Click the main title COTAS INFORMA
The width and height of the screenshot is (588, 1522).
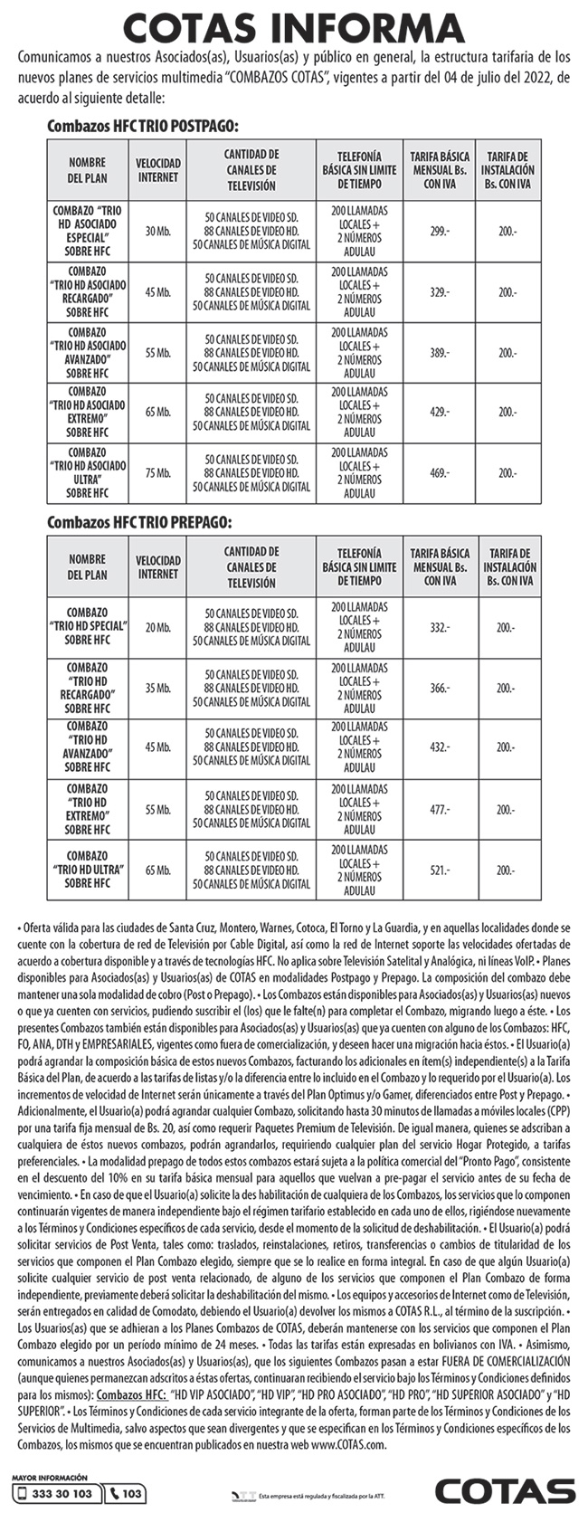(x=294, y=27)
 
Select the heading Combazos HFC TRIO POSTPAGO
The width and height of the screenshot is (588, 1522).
(x=142, y=127)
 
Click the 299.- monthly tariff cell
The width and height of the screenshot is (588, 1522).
(x=440, y=232)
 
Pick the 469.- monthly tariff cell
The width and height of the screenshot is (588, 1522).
(x=440, y=472)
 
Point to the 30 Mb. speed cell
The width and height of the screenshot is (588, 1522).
(x=158, y=232)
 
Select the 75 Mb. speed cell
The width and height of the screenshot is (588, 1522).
(x=158, y=472)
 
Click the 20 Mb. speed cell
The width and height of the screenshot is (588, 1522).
(x=158, y=627)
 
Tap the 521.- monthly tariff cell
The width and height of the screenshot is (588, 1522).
(x=440, y=870)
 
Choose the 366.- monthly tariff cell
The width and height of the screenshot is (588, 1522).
(x=440, y=688)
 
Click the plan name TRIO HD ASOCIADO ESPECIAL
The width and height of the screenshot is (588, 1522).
(x=88, y=232)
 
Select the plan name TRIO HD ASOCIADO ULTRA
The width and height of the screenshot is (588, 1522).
(x=88, y=472)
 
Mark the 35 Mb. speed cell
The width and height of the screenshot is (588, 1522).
(x=158, y=688)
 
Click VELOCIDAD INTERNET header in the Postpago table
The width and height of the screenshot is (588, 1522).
(x=158, y=170)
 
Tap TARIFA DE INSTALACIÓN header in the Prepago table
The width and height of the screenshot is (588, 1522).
(x=508, y=566)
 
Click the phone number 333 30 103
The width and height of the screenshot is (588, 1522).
(x=56, y=1494)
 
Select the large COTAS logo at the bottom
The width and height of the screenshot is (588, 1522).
(x=505, y=1491)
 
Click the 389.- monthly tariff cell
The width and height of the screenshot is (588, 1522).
(x=440, y=352)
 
